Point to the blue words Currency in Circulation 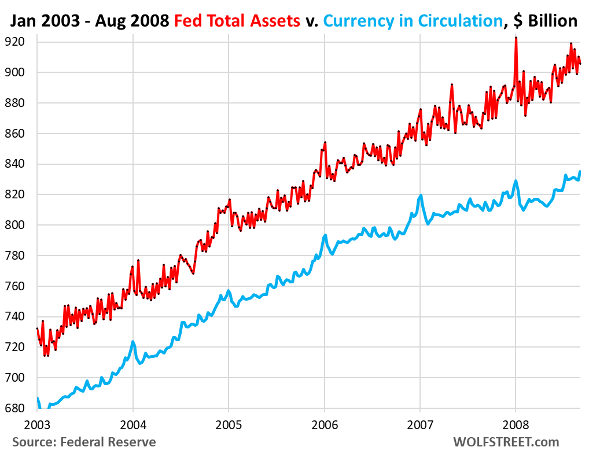coord(413,21)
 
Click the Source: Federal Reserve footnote coord(84,442)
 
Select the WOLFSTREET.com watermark coord(506,442)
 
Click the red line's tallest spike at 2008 coord(516,38)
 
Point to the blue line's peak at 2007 coord(421,195)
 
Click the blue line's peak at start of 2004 coord(133,342)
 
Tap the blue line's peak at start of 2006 coord(325,235)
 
